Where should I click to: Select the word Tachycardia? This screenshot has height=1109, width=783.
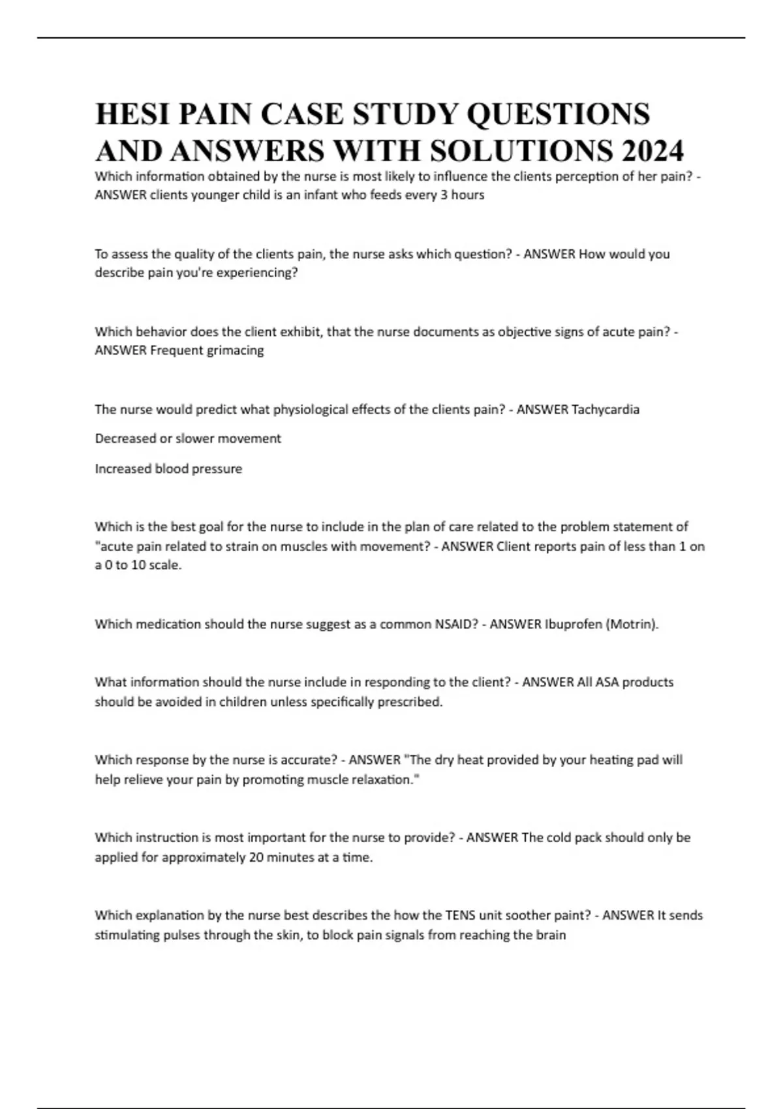click(x=605, y=410)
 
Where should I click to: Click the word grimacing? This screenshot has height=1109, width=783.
click(x=235, y=350)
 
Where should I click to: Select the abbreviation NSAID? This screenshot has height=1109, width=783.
click(x=456, y=624)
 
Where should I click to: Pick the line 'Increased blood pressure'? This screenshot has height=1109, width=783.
click(x=168, y=468)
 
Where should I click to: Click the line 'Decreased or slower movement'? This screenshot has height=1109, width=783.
click(x=188, y=438)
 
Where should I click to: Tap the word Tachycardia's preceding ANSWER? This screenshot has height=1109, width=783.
click(x=542, y=410)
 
